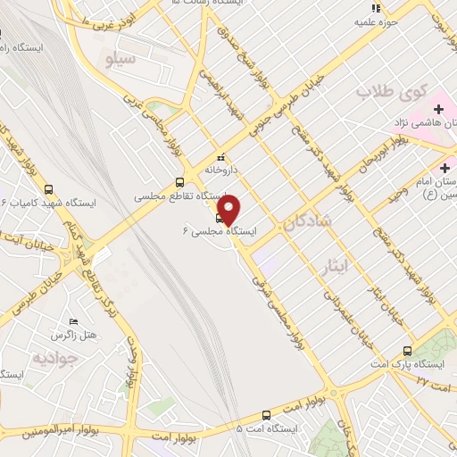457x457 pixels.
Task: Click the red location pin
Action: coord(229,210)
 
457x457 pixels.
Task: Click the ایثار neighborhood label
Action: coord(334,265)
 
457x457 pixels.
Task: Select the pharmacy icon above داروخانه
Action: coord(221,157)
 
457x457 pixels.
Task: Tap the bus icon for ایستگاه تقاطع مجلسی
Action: coord(180,182)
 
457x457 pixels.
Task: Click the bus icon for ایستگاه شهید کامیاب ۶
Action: coord(48,189)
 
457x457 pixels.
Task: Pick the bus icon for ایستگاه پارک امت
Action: coord(408,351)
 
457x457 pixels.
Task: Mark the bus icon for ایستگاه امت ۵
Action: coord(266,414)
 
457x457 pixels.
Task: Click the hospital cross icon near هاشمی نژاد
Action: coord(437,109)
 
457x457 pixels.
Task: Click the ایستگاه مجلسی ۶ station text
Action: coord(219,230)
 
